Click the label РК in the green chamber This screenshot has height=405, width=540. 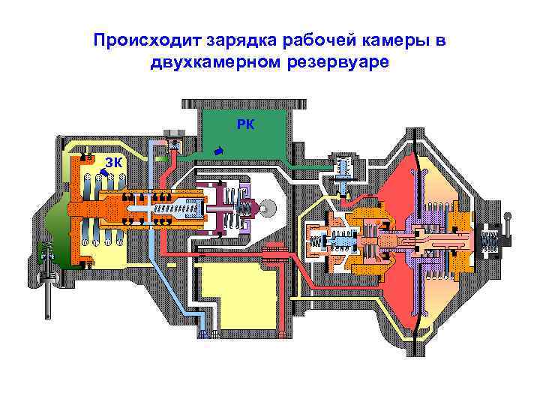click(244, 124)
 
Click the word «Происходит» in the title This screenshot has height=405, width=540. click(139, 40)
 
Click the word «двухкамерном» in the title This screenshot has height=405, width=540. click(217, 62)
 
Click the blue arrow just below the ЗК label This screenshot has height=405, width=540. click(102, 174)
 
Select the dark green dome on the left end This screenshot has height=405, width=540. click(54, 229)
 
